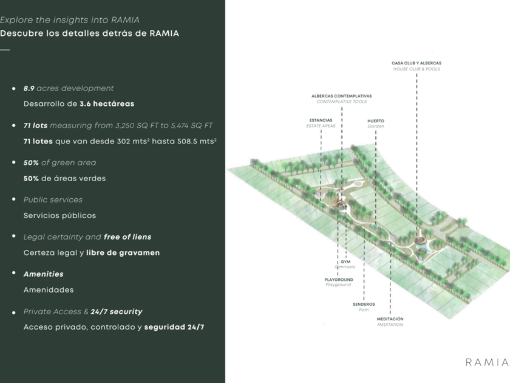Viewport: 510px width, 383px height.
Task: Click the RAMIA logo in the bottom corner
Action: (x=486, y=362)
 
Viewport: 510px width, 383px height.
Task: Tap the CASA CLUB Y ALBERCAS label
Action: (x=416, y=63)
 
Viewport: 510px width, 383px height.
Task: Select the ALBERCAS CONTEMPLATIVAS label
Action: (x=341, y=96)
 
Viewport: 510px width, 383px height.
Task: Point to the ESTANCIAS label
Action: (x=321, y=120)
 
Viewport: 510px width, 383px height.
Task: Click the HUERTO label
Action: (x=375, y=121)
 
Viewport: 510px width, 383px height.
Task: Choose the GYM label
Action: (x=345, y=261)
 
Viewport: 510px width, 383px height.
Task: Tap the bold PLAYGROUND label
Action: (x=338, y=280)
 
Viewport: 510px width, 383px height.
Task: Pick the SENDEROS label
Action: (x=364, y=304)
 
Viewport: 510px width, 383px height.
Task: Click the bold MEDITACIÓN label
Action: (x=390, y=319)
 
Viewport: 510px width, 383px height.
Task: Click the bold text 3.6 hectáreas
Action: (x=107, y=104)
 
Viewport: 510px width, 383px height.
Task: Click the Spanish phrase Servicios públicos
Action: (x=59, y=216)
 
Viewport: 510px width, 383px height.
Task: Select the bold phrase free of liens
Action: (x=127, y=237)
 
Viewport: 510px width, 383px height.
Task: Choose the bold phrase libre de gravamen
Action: (x=123, y=253)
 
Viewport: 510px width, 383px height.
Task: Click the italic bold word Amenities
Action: (x=43, y=274)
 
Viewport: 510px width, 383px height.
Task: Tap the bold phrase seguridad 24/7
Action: (x=174, y=327)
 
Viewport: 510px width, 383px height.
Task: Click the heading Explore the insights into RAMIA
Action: (x=74, y=20)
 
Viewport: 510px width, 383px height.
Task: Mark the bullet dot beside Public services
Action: (x=13, y=199)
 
